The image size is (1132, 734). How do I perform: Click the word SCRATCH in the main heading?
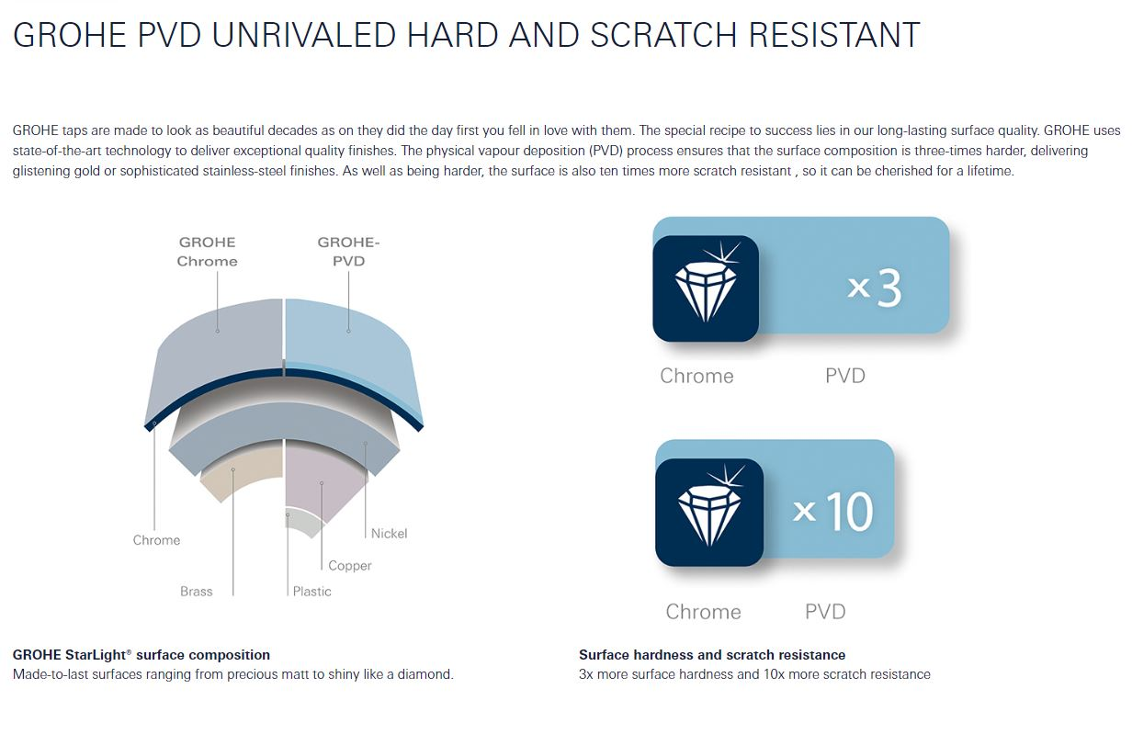tap(663, 35)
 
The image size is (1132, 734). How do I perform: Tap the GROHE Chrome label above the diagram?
tap(208, 252)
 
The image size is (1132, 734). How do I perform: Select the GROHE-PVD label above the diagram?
tap(348, 252)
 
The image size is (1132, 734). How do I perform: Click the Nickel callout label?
tap(389, 534)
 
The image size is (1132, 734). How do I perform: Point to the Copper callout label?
tap(350, 566)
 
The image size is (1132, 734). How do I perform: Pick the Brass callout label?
tap(196, 592)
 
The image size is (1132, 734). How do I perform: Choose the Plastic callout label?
tap(311, 592)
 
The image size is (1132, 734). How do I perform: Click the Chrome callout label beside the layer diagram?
tap(156, 540)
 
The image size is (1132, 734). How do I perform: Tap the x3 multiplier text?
tap(875, 288)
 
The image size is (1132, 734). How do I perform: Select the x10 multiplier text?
tap(832, 511)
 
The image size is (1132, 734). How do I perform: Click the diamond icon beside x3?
tap(706, 288)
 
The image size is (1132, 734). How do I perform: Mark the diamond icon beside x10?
tap(709, 513)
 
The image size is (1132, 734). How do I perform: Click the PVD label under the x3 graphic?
tap(845, 376)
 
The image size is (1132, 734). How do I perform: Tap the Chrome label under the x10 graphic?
tap(703, 612)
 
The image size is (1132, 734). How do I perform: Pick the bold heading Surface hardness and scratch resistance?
tap(712, 655)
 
